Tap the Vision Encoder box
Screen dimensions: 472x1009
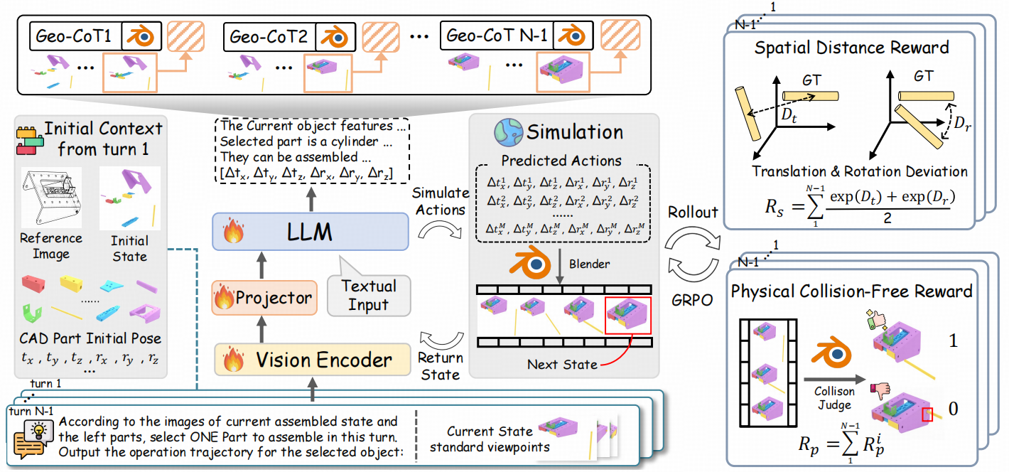[x=313, y=360]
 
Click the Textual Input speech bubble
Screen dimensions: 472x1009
[x=369, y=294]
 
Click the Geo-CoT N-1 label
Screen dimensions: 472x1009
[x=495, y=35]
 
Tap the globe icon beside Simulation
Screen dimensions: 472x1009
[x=509, y=132]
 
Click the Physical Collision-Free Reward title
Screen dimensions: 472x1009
[x=851, y=291]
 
